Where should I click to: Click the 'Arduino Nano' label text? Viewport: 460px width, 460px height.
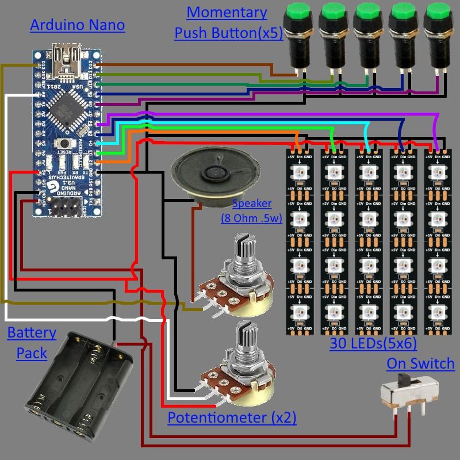pyautogui.click(x=77, y=25)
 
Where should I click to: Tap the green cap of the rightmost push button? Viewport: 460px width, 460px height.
pyautogui.click(x=435, y=12)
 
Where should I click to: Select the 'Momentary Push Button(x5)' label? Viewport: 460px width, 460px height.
pyautogui.click(x=228, y=22)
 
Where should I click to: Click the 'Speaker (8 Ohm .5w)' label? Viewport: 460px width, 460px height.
pyautogui.click(x=251, y=211)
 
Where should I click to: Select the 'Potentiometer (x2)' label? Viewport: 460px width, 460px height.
pyautogui.click(x=232, y=417)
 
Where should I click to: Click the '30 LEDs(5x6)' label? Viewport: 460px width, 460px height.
pyautogui.click(x=373, y=344)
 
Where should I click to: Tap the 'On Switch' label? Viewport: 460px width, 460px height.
pyautogui.click(x=420, y=363)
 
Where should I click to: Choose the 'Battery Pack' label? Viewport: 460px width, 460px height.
pyautogui.click(x=32, y=342)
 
